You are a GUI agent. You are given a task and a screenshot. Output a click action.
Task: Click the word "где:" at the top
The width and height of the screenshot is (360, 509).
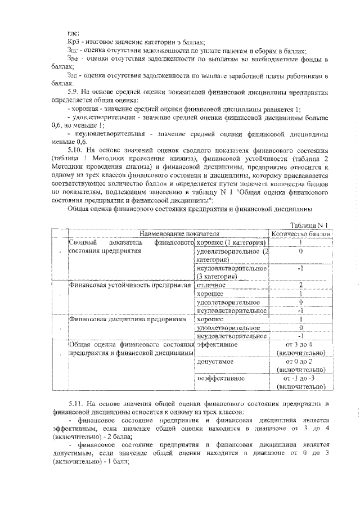coord(73,32)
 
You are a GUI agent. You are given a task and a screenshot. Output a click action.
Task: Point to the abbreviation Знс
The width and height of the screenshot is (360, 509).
coord(73,50)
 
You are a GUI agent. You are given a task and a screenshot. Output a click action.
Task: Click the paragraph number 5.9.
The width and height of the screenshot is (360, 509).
coord(75,91)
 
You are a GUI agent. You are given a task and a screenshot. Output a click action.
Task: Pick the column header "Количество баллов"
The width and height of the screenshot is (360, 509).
coord(301,233)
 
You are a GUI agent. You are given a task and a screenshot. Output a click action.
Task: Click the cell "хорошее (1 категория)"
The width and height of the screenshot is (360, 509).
coord(231,242)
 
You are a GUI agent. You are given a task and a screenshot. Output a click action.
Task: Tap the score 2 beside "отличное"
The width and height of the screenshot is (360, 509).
coord(301,285)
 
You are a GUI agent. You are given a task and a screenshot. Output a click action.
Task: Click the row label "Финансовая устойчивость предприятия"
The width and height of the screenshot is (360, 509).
coord(127,285)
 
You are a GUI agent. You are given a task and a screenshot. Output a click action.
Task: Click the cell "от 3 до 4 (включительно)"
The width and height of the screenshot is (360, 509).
coord(301,348)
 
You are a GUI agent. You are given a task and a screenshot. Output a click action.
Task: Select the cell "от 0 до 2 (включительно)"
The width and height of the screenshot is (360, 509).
coord(301,366)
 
